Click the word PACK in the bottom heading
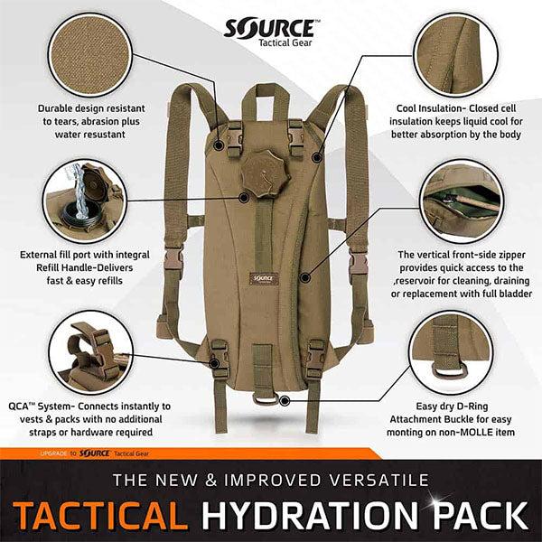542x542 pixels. coord(480,516)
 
